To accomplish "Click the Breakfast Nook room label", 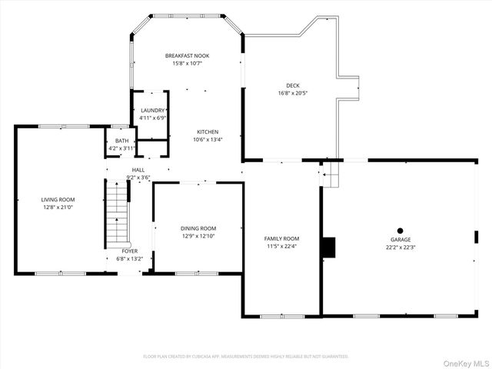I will [187, 55].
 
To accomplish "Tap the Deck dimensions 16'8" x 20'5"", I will [292, 93].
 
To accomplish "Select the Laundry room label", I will [152, 111].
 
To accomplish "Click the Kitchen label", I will [208, 131].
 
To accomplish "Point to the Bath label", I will [121, 141].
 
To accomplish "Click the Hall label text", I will [138, 169].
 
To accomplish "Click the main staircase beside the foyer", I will [115, 216].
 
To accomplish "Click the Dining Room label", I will [198, 228].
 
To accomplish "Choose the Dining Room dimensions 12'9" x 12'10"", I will [198, 235].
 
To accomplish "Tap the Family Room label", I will [282, 238].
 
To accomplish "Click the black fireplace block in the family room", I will [328, 247].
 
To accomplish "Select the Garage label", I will [401, 240].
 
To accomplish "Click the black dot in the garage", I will [400, 230].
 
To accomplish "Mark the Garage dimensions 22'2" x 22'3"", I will [401, 247].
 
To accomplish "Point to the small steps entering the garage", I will [330, 174].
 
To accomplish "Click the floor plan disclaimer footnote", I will [246, 356].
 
